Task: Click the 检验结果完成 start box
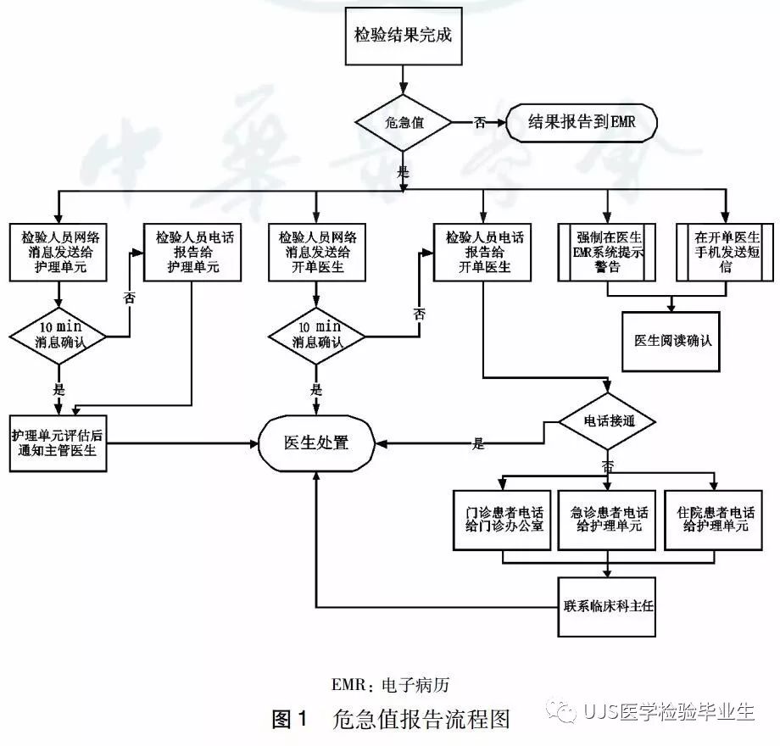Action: pos(403,36)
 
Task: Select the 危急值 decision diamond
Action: pos(403,123)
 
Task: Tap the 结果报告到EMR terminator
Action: pos(582,123)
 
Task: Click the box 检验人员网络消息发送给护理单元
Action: pos(58,252)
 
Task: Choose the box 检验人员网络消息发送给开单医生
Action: pos(317,252)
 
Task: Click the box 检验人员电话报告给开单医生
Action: pos(483,252)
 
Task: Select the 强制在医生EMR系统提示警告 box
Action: pos(607,252)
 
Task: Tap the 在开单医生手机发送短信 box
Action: pos(726,252)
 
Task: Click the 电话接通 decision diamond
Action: pos(607,420)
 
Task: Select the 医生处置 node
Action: pos(315,442)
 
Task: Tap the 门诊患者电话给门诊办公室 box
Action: pos(504,519)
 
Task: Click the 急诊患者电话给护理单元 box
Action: pos(607,519)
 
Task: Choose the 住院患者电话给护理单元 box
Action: pos(716,519)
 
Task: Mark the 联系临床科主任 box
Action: pos(607,607)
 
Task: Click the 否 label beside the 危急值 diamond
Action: pos(480,123)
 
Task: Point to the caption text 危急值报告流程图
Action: pos(422,720)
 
